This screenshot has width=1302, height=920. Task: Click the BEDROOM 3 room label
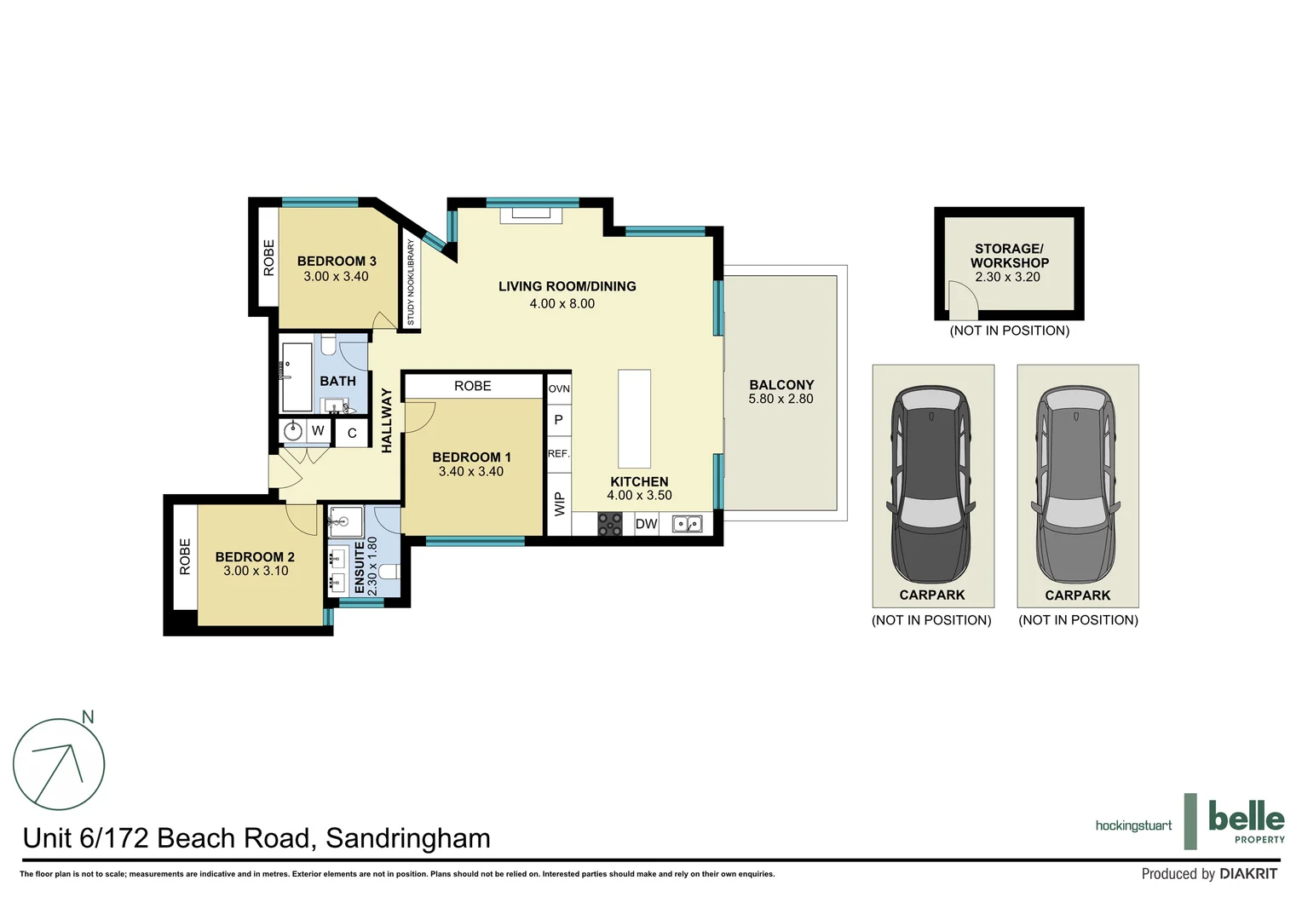tap(337, 262)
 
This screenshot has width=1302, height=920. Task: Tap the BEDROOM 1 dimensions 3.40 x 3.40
tap(470, 472)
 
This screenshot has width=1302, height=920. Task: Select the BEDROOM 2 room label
tap(255, 557)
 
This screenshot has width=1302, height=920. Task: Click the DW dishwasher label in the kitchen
tap(646, 524)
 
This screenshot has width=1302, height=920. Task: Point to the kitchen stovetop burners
tap(610, 524)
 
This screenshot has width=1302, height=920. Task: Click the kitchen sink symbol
tap(687, 524)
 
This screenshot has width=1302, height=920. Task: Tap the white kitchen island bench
tap(634, 418)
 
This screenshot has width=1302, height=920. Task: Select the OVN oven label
tap(559, 389)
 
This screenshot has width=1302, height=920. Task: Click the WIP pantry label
tap(559, 504)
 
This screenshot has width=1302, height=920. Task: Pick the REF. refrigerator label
tap(558, 454)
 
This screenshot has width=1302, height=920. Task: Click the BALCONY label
tap(781, 385)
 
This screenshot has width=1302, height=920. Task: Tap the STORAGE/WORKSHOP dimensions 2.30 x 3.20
tap(1007, 278)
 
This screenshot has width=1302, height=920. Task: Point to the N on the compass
tap(88, 717)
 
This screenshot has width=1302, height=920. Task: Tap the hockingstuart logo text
tap(1133, 825)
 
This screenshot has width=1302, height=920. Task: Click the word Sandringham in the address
tap(408, 838)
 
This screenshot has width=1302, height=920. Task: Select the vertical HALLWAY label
tap(387, 420)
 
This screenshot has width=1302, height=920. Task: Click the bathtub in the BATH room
tap(297, 377)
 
